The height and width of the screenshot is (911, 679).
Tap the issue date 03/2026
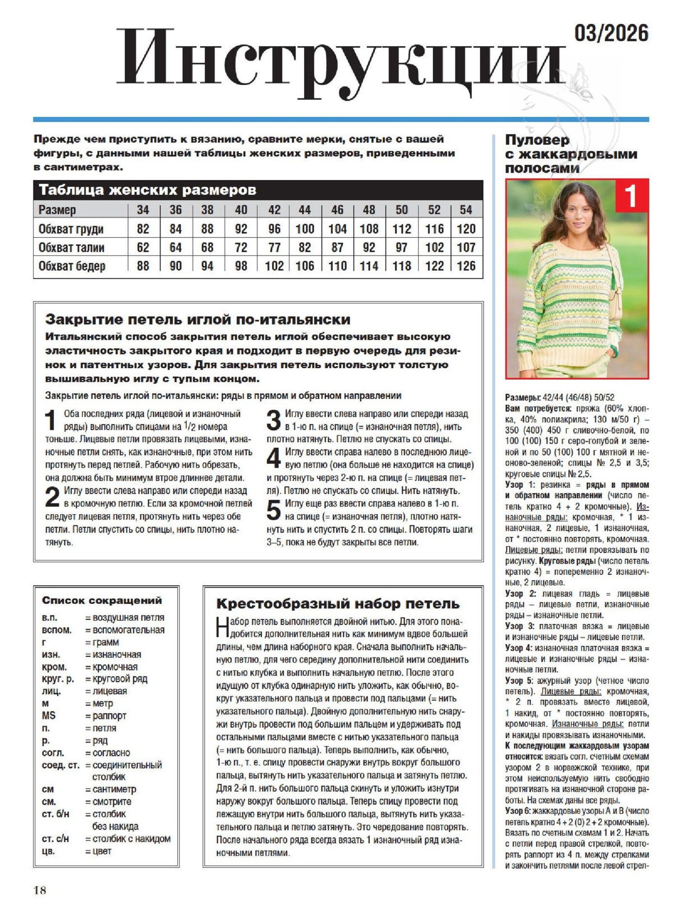click(611, 33)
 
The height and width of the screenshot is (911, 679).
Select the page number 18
click(40, 890)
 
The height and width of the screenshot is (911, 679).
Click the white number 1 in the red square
click(631, 196)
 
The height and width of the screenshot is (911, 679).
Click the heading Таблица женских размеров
click(147, 190)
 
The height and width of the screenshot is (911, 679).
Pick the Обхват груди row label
click(71, 228)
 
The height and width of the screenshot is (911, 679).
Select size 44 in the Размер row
click(305, 210)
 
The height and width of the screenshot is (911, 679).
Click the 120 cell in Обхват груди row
click(466, 228)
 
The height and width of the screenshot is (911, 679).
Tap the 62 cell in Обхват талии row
click(143, 247)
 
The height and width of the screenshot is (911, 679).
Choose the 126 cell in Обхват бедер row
click(466, 266)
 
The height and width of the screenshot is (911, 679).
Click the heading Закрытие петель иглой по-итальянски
click(198, 319)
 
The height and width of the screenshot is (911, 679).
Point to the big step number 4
click(274, 458)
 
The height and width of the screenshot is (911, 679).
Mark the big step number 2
click(52, 497)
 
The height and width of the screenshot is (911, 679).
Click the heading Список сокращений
click(102, 600)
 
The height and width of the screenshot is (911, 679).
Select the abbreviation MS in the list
click(48, 716)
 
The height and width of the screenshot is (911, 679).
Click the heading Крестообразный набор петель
click(338, 603)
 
